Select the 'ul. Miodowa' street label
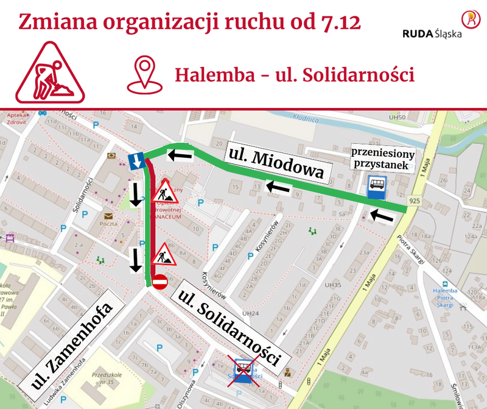[278, 163]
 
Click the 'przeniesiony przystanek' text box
[384, 159]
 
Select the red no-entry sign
[159, 282]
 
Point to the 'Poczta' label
[108, 224]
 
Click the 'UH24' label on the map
[251, 313]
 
